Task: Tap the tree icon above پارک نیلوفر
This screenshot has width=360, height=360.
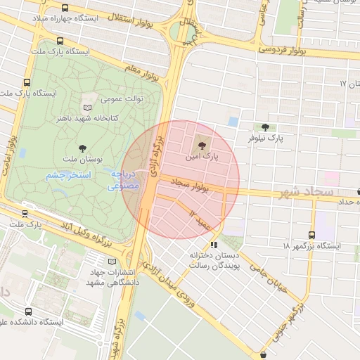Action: coord(264,127)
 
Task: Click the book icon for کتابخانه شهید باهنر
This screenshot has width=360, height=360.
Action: coord(87,108)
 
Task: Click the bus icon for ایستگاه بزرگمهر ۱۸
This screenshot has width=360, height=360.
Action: coord(311,235)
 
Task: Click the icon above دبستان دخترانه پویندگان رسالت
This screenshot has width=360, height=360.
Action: coord(214,245)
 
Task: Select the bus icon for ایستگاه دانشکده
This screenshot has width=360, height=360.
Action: coord(28,311)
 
